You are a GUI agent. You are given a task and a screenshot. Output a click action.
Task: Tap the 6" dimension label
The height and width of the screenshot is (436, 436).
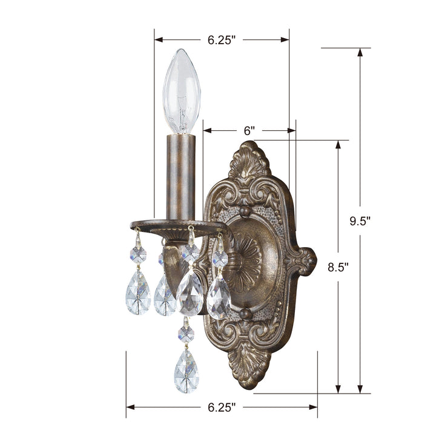(249, 130)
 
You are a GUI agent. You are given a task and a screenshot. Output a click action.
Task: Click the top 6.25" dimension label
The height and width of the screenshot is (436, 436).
(221, 40)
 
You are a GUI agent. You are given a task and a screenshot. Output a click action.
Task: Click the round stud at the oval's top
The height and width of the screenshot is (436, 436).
(245, 211)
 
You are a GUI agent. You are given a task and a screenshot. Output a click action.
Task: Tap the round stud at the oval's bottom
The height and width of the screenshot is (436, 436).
(245, 313)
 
